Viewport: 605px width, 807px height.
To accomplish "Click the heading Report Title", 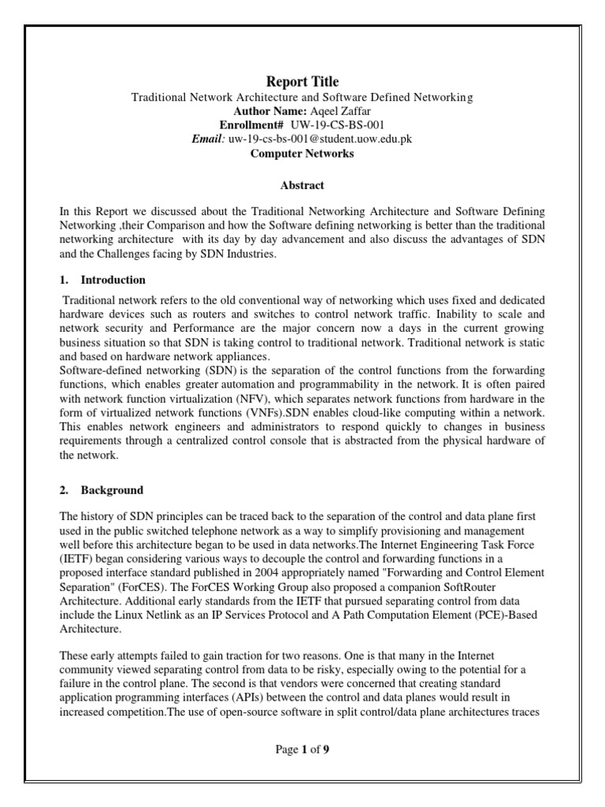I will pyautogui.click(x=302, y=82).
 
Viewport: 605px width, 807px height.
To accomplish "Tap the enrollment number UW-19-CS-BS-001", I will pyautogui.click(x=334, y=125).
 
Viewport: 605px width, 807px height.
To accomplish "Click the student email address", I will pyautogui.click(x=321, y=139).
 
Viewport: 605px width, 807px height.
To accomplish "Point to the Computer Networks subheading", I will pyautogui.click(x=302, y=154).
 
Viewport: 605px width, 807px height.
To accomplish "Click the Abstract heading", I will pyautogui.click(x=302, y=186).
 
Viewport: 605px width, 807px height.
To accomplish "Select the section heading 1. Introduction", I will pyautogui.click(x=102, y=280).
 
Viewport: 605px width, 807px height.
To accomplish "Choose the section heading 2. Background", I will pyautogui.click(x=102, y=489).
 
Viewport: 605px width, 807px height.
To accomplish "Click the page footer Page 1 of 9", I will pyautogui.click(x=302, y=749).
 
